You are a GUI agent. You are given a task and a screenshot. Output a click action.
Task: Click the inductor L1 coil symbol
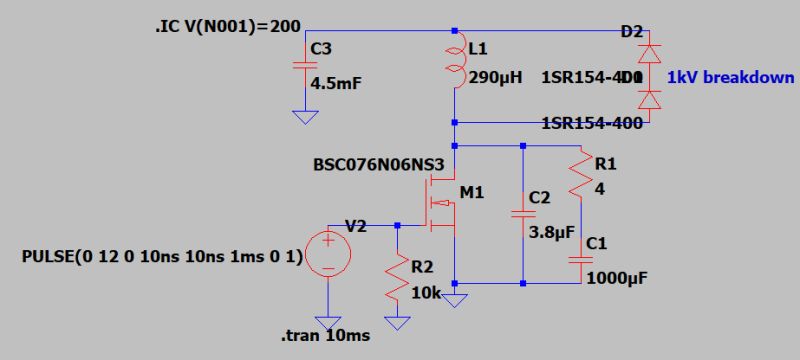coord(455,63)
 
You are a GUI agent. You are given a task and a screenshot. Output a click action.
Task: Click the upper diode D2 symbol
coord(652,51)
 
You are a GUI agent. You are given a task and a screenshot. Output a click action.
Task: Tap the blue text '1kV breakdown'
coord(731,77)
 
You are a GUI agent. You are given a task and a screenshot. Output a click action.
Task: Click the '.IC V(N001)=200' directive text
coord(221,26)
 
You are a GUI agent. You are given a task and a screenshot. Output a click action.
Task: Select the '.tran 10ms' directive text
coord(325,335)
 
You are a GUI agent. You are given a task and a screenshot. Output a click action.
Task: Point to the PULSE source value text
coord(161,256)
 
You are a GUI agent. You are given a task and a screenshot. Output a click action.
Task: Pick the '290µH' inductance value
coord(495,77)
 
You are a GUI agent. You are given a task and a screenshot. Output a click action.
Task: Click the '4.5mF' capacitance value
coord(336,83)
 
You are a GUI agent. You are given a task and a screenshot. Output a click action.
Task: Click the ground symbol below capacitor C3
coord(301,117)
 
